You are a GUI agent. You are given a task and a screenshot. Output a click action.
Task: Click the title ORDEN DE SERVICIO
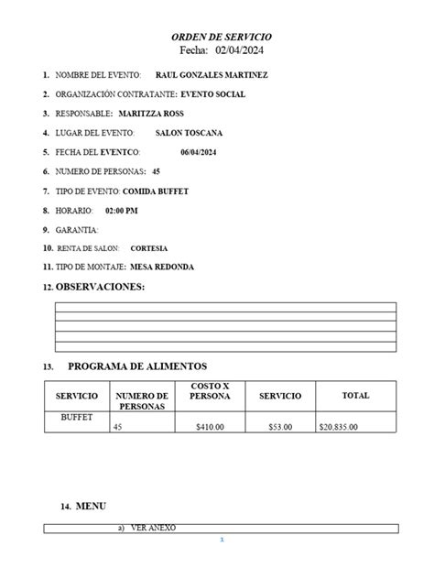click(x=222, y=35)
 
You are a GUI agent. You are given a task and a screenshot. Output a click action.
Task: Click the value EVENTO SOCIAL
click(x=213, y=94)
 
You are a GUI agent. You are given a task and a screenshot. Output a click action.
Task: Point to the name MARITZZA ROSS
click(x=151, y=114)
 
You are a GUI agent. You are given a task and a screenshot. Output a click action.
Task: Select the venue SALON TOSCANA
click(x=190, y=133)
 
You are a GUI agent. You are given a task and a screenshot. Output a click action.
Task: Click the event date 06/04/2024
click(x=199, y=152)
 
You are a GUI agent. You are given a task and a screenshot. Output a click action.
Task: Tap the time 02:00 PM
click(x=122, y=210)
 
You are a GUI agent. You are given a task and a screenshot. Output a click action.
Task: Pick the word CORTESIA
click(x=149, y=248)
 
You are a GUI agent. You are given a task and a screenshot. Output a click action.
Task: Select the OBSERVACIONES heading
click(x=101, y=288)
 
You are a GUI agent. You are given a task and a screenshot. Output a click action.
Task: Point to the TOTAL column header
click(x=355, y=396)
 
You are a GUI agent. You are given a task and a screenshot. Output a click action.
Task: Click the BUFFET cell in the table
click(x=77, y=417)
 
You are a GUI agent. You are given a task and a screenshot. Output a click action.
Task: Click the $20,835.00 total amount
click(x=339, y=427)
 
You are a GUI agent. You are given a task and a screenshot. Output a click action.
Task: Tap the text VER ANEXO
click(x=153, y=528)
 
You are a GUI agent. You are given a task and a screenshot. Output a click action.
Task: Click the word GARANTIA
click(x=77, y=229)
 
